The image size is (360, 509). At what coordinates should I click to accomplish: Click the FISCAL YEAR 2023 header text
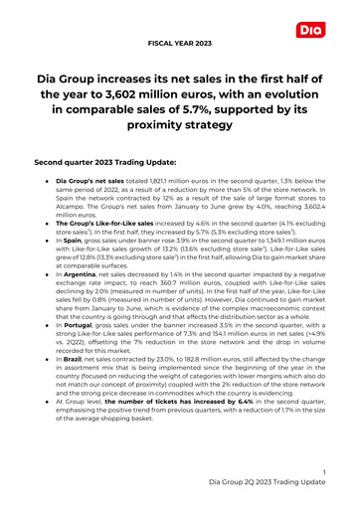pos(180,43)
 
